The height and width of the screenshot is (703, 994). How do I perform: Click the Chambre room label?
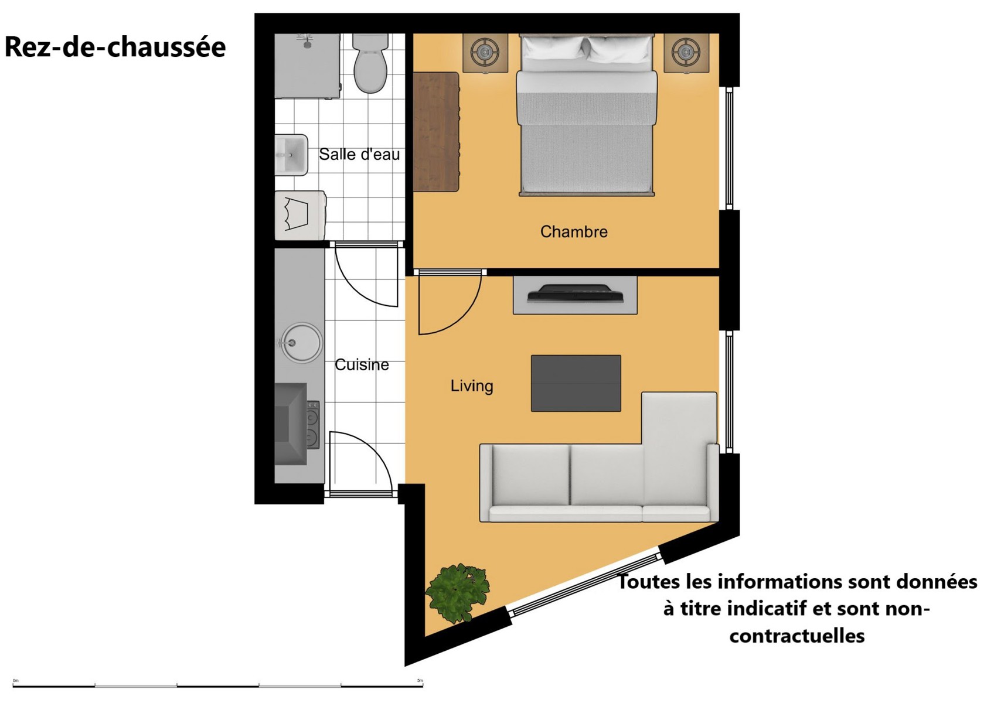tap(574, 231)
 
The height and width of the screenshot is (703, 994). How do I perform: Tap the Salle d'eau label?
tap(359, 154)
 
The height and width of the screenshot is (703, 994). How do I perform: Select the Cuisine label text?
tap(362, 364)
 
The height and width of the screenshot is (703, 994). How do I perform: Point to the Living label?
tap(472, 386)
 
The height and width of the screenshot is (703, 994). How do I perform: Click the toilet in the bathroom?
tap(370, 63)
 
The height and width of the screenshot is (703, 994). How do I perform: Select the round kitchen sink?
tap(302, 342)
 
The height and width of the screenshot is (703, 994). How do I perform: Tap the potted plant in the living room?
tap(457, 592)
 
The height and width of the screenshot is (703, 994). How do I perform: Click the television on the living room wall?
tap(575, 294)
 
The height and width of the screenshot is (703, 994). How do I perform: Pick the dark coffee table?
tap(576, 383)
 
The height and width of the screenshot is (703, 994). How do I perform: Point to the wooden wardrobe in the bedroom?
tap(436, 132)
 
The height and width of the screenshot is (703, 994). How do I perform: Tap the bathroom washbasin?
tap(291, 155)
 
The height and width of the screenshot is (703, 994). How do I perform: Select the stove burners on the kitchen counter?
tap(313, 425)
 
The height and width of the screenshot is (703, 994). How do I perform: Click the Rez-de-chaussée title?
tap(115, 47)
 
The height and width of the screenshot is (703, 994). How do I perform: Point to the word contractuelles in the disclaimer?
tap(797, 636)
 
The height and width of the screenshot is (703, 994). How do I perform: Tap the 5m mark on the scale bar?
tap(420, 681)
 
